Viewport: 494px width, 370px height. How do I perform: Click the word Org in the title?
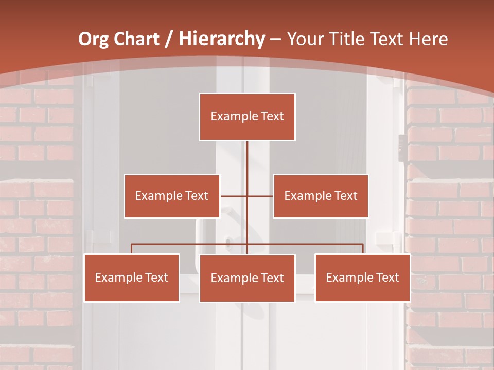point(93,39)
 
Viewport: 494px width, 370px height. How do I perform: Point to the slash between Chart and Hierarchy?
point(168,39)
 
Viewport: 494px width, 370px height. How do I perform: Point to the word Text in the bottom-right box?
point(387,277)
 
